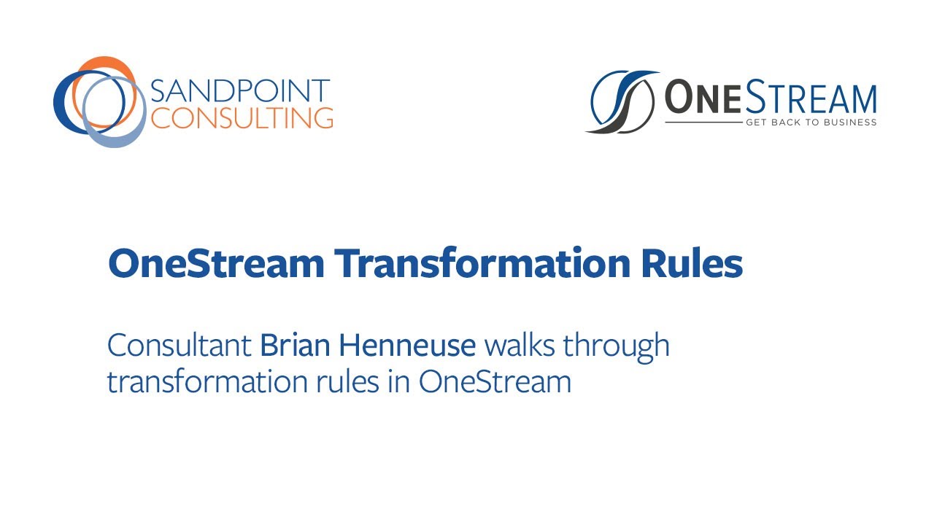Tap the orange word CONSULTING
242,117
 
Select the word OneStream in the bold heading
216,264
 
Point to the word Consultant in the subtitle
180,345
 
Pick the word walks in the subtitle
523,345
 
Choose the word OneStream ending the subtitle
495,382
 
